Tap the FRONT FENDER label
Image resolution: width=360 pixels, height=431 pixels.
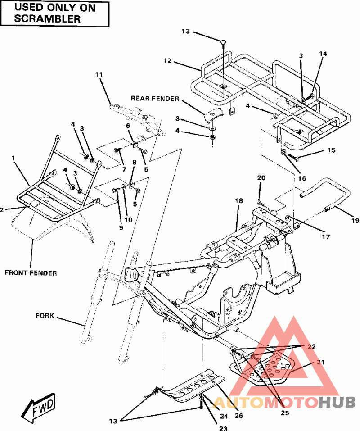click(31, 273)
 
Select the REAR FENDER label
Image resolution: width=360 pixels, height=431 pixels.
click(155, 98)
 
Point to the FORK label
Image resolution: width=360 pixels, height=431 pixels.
click(45, 315)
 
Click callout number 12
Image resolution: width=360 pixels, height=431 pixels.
click(167, 60)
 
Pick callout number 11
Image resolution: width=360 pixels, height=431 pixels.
click(99, 74)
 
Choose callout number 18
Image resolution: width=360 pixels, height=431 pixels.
click(239, 201)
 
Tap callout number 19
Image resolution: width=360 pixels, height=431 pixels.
click(355, 220)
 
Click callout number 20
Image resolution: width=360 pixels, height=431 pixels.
click(261, 178)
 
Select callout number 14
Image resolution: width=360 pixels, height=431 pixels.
click(323, 54)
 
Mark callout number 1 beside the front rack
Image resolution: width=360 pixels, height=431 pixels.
click(13, 158)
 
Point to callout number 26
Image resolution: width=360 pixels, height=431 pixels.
click(239, 416)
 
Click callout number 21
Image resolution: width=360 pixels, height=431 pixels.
click(320, 362)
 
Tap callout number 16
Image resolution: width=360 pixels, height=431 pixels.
click(302, 178)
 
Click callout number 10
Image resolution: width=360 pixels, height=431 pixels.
click(129, 219)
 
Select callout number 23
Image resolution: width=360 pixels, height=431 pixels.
click(223, 428)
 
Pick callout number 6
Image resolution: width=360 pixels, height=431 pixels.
click(128, 126)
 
